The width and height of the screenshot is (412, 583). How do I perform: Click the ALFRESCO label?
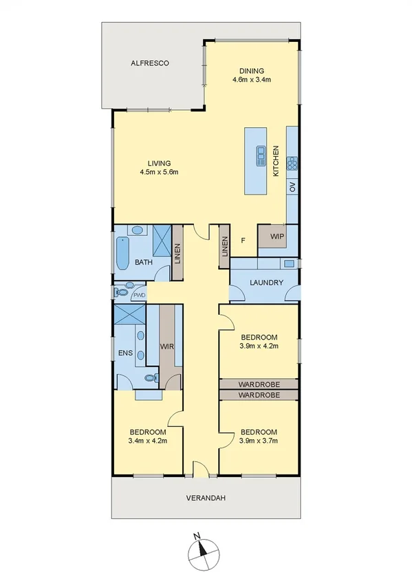pyautogui.click(x=150, y=63)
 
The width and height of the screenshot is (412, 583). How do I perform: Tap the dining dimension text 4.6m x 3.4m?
pyautogui.click(x=251, y=80)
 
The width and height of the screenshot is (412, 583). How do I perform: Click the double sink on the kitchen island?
pyautogui.click(x=261, y=157)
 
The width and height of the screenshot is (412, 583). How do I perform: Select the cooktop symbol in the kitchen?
pyautogui.click(x=292, y=163)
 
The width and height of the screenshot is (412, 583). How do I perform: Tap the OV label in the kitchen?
pyautogui.click(x=292, y=186)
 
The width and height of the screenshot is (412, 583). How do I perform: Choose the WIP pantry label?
pyautogui.click(x=277, y=236)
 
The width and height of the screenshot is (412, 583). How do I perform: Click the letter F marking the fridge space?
pyautogui.click(x=243, y=241)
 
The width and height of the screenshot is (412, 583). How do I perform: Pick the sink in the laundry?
pyautogui.click(x=289, y=263)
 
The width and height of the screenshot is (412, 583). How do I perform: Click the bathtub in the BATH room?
pyautogui.click(x=122, y=253)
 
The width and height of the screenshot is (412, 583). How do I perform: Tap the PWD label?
pyautogui.click(x=140, y=294)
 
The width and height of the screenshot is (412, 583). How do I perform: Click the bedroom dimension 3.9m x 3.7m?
pyautogui.click(x=259, y=441)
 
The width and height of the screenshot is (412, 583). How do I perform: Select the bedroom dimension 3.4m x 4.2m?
pyautogui.click(x=148, y=441)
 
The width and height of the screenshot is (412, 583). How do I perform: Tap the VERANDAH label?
pyautogui.click(x=206, y=498)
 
